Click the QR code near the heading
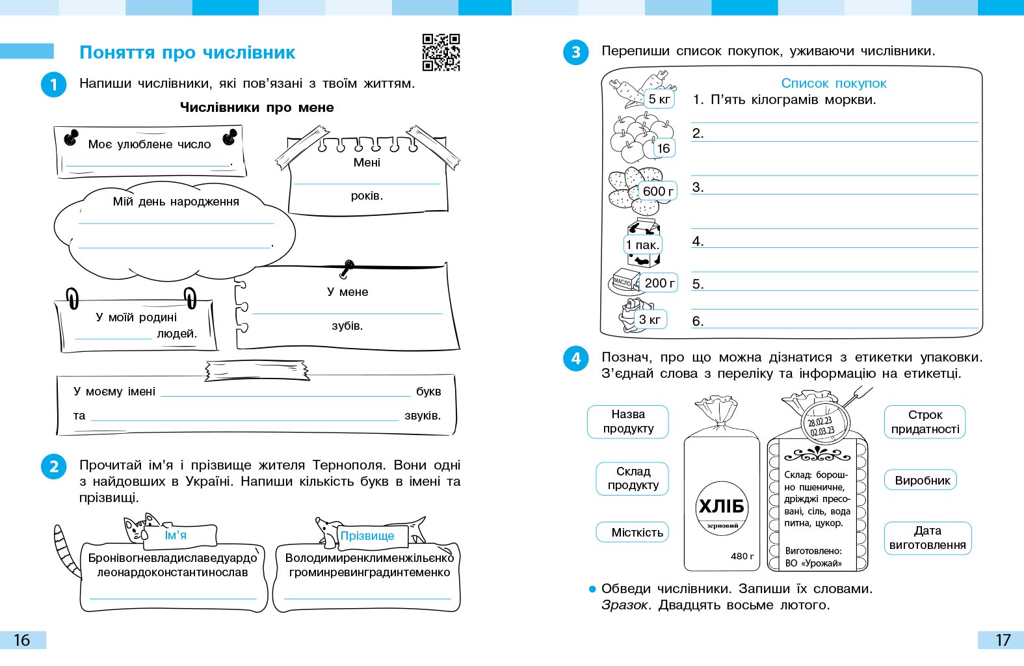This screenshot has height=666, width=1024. point(441,52)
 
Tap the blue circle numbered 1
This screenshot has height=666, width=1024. point(54,85)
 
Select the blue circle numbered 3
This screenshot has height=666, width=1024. point(575,52)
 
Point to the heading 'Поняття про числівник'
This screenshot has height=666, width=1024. point(187,53)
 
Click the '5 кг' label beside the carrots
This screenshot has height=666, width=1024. point(659,100)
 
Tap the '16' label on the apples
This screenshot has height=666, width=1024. point(663,148)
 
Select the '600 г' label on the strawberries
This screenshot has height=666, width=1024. point(658,191)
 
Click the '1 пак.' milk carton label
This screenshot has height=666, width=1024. point(643,245)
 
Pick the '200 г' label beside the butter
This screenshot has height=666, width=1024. point(659,283)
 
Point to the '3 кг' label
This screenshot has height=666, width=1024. point(650,319)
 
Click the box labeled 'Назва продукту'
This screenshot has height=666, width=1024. point(628,421)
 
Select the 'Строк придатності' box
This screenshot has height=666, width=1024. point(925,421)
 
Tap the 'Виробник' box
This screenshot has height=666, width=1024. point(922,481)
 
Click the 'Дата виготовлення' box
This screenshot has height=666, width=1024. point(927,538)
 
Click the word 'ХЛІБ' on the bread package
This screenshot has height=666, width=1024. point(721,507)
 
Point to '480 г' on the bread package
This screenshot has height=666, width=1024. point(742,556)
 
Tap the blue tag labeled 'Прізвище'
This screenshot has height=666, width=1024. point(367,536)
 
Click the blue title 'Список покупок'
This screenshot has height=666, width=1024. point(834,83)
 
